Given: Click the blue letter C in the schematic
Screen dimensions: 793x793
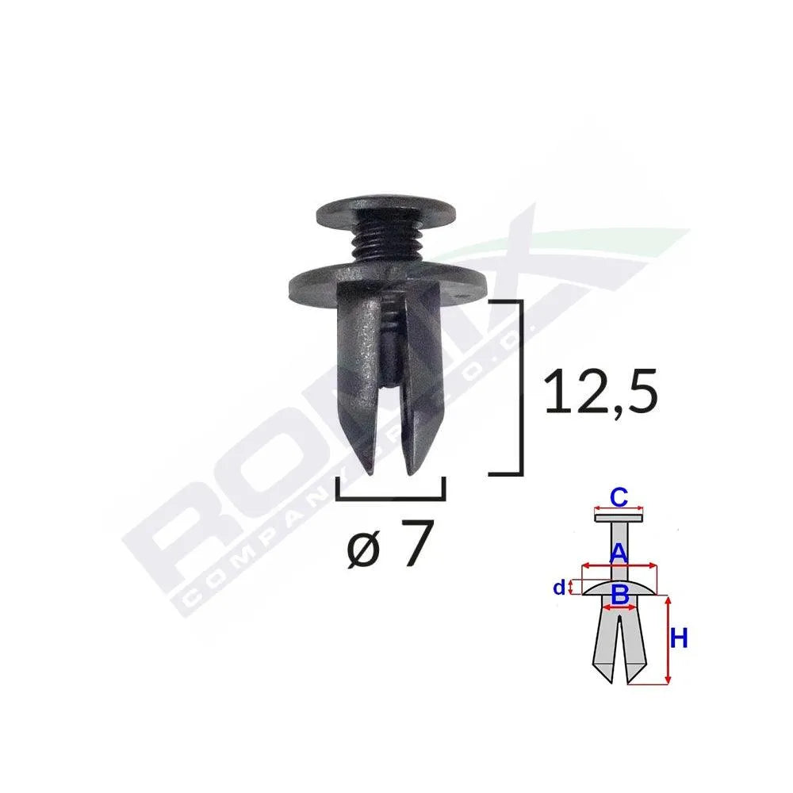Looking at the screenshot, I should point(619,497).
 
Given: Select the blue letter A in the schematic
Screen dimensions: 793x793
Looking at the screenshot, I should point(619,553).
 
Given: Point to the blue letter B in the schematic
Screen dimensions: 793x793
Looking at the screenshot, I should point(620,592).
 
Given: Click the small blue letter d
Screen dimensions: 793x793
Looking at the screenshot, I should point(559,588).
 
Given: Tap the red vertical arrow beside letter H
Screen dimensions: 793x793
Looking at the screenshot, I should point(668,641).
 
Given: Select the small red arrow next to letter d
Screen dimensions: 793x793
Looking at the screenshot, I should point(571,588).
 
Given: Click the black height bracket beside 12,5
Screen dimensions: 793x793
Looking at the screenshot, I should point(519,389).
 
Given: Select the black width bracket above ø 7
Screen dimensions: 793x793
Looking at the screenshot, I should point(390,496).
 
